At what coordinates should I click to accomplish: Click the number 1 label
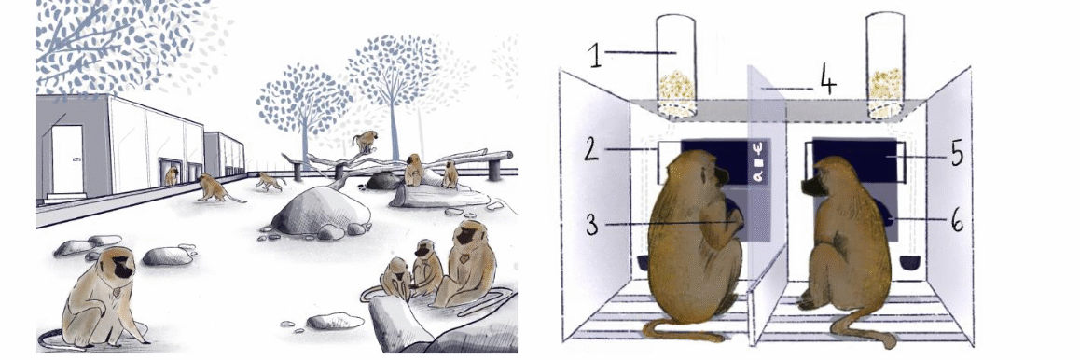(x=595, y=54)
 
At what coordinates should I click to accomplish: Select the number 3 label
(x=592, y=225)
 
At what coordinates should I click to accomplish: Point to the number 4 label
(x=827, y=84)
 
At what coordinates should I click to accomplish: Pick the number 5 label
(x=957, y=156)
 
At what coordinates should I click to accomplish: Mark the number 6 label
(x=955, y=221)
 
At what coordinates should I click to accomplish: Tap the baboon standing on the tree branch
(x=365, y=141)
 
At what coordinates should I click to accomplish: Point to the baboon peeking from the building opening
(x=170, y=176)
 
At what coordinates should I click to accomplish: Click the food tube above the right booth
(x=884, y=64)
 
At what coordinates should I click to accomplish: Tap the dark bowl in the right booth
(x=910, y=262)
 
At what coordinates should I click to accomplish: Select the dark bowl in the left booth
(x=642, y=262)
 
